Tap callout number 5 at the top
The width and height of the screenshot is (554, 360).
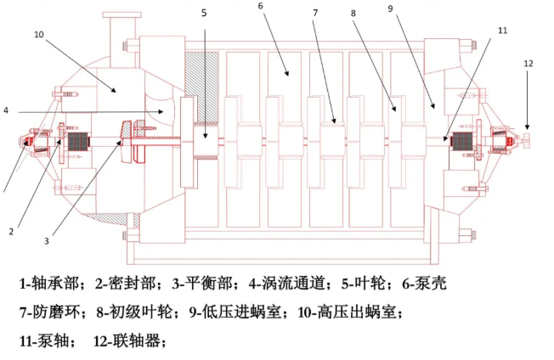coord(204,13)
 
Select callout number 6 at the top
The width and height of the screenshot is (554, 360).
coord(260,7)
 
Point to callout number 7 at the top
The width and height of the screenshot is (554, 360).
coord(314,14)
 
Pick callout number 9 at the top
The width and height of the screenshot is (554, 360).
coord(389,8)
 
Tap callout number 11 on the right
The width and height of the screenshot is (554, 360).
coord(502,30)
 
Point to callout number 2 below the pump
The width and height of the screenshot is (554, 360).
coord(12,230)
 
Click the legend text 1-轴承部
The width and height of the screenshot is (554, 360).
coord(52,284)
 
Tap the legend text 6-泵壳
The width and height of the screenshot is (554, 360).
coord(425,284)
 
